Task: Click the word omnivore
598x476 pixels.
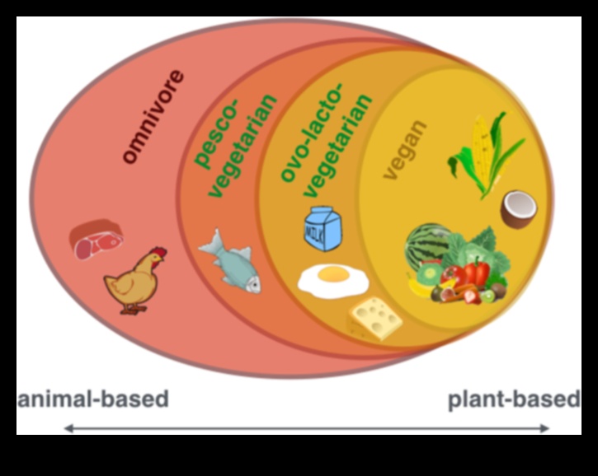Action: click(x=153, y=117)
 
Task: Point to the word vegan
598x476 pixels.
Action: click(x=406, y=149)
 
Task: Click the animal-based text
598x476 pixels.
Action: click(x=93, y=400)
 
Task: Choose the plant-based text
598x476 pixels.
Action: click(x=514, y=400)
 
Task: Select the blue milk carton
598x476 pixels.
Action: click(x=323, y=227)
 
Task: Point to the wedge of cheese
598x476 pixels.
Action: click(x=375, y=317)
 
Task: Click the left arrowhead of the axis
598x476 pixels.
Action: click(x=68, y=428)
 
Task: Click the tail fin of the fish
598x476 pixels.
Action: click(x=209, y=243)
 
